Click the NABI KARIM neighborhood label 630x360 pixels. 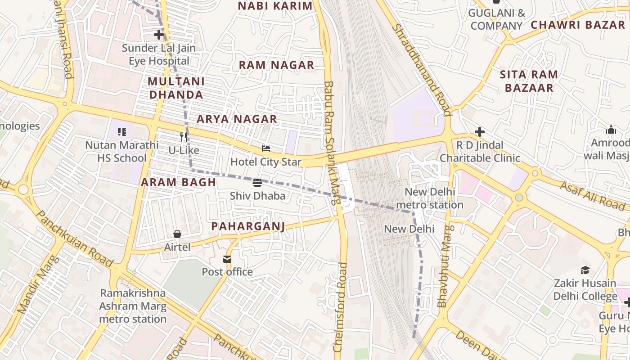point(275,6)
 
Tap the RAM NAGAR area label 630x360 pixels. point(276,65)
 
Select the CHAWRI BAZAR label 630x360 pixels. point(578,25)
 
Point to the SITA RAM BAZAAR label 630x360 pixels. point(529,81)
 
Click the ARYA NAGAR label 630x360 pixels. point(237,119)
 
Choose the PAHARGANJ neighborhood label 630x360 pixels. point(248,226)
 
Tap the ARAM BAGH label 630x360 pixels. point(179,182)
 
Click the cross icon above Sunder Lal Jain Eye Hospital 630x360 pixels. point(158,35)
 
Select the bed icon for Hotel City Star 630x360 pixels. point(266,148)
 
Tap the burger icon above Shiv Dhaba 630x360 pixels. point(257,183)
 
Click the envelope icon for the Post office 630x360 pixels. point(227,259)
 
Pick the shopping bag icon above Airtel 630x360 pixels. point(177,234)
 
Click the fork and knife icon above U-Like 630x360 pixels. point(184,137)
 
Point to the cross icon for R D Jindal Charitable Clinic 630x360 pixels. point(480,132)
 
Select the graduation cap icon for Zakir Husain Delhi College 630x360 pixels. point(585,270)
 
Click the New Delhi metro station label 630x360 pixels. point(429,198)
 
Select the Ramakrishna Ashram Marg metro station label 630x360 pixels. point(133,306)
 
